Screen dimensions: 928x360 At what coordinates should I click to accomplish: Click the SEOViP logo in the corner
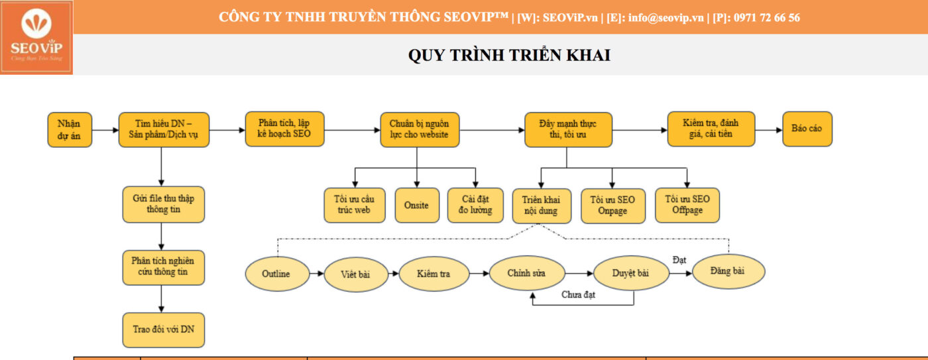click(36, 37)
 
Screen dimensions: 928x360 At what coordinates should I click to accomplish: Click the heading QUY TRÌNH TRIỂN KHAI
click(509, 55)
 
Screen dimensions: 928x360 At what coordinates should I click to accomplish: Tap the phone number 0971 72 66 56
click(767, 17)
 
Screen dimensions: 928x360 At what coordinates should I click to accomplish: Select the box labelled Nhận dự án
click(70, 130)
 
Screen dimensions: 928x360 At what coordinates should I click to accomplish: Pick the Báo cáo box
click(807, 129)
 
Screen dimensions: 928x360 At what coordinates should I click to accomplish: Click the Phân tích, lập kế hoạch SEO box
click(284, 129)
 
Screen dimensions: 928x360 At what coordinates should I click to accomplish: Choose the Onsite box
click(417, 206)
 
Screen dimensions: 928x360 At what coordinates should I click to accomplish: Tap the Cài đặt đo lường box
click(475, 206)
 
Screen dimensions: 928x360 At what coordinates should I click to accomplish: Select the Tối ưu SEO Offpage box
click(687, 206)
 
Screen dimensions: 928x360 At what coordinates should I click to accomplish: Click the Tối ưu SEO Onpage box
click(612, 206)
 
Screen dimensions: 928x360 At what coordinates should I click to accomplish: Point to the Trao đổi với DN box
click(164, 330)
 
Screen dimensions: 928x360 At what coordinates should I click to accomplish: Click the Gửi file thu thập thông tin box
click(164, 204)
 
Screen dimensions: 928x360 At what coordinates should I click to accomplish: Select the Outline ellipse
click(277, 274)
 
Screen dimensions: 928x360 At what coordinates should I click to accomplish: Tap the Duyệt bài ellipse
click(631, 273)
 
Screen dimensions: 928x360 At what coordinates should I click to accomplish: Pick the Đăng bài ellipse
click(728, 271)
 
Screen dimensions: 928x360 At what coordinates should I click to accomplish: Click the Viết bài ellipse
click(356, 274)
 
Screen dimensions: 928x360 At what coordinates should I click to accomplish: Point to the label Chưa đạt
click(578, 294)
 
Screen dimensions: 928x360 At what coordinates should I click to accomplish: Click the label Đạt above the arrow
click(679, 260)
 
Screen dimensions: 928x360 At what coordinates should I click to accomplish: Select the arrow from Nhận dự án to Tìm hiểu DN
click(105, 130)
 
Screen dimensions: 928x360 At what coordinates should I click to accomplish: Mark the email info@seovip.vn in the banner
click(666, 17)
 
